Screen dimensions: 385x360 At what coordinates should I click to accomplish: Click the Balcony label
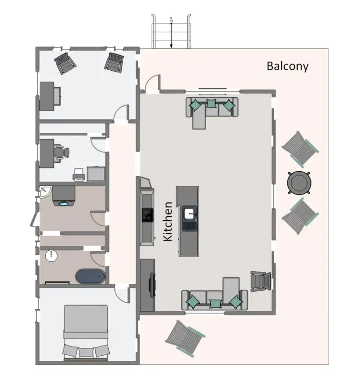point(287,66)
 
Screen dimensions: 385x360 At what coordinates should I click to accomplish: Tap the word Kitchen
point(168,221)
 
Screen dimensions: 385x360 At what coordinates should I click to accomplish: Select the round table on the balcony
point(298,182)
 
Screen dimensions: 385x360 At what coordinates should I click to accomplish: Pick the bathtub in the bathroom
point(90,276)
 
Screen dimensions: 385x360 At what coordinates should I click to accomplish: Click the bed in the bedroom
point(86,331)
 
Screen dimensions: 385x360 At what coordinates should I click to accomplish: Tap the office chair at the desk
point(61,152)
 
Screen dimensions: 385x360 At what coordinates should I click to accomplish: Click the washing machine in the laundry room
point(64,196)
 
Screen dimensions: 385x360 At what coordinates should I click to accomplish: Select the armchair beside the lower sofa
point(258,281)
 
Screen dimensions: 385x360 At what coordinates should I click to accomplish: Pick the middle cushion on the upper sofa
point(211,103)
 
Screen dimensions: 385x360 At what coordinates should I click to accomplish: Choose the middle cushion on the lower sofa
point(216,303)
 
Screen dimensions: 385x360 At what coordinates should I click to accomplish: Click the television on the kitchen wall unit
point(153,285)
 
